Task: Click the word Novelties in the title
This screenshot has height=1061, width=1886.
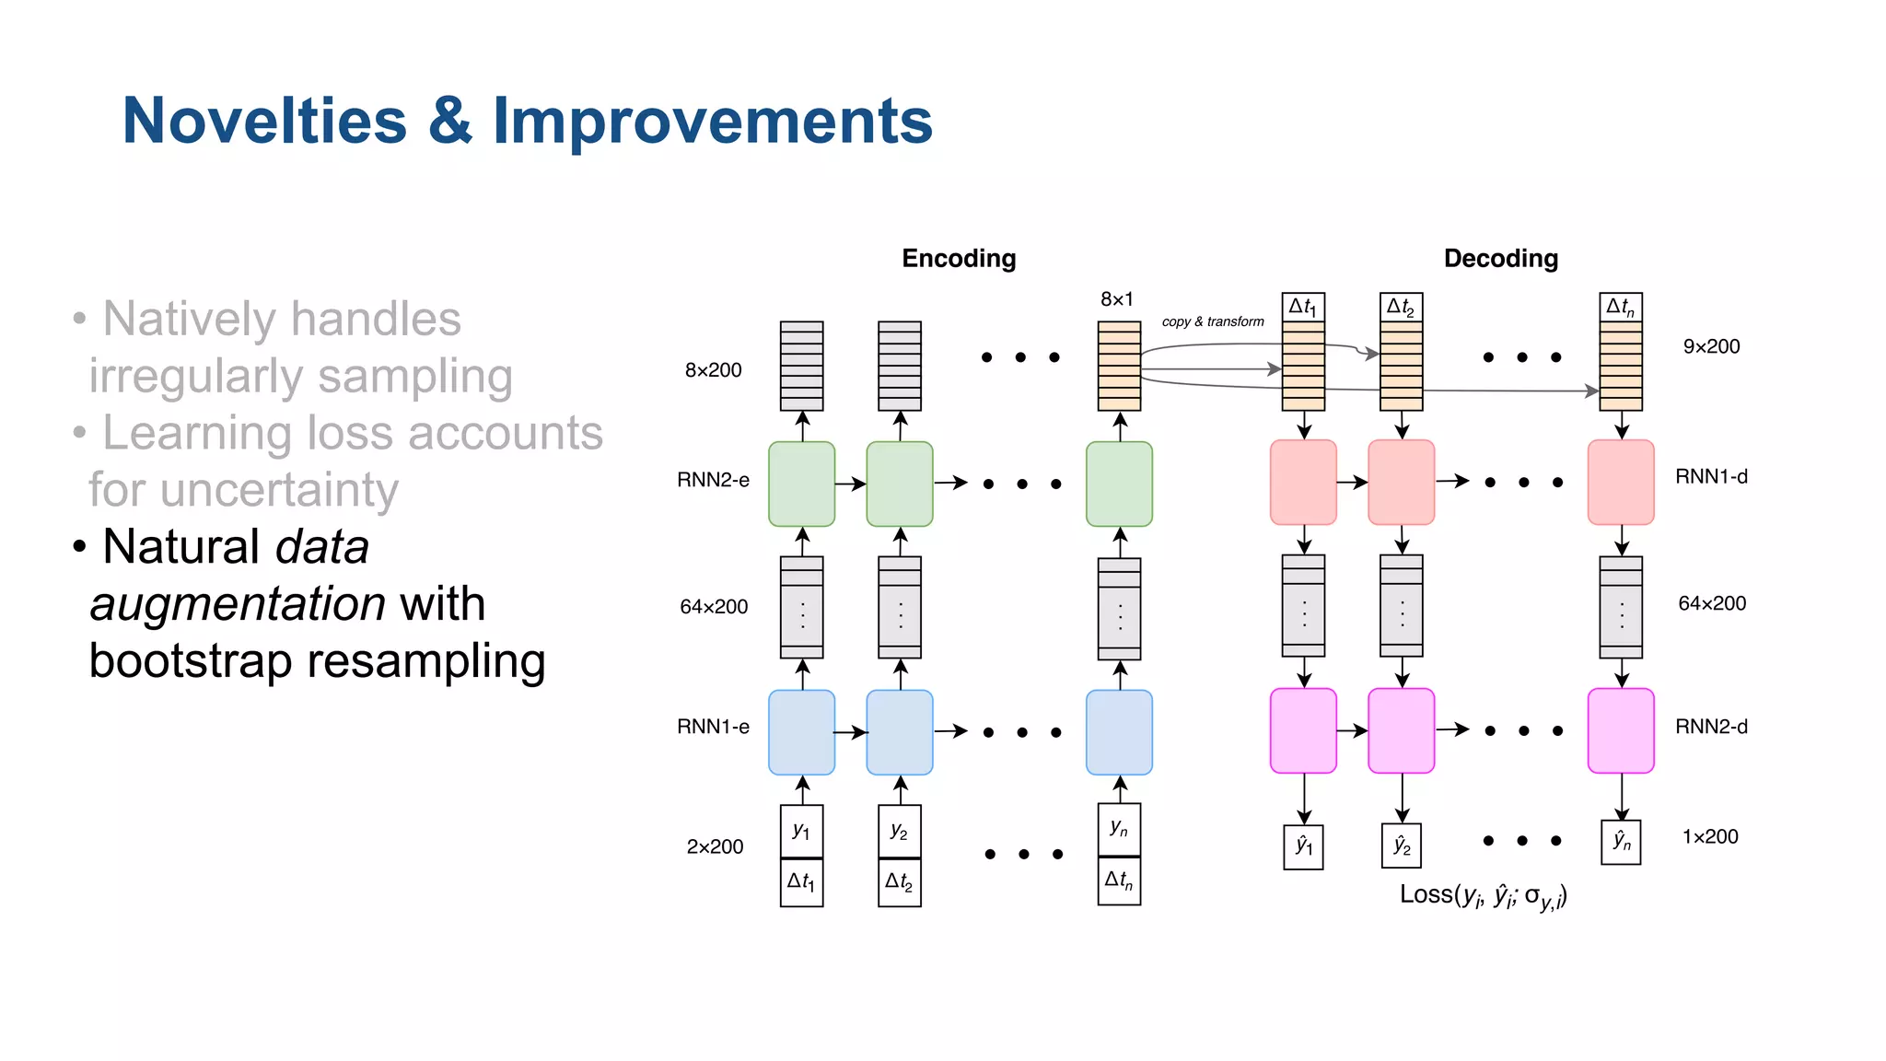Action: (x=264, y=121)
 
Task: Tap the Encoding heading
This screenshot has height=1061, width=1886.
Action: (x=959, y=259)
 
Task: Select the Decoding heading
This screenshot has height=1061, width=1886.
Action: (x=1500, y=259)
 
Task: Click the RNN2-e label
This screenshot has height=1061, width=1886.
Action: (x=713, y=480)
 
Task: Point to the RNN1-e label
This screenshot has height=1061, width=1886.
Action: (x=713, y=727)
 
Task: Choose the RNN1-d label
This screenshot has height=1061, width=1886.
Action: (x=1711, y=477)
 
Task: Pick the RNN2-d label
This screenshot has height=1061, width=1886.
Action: (x=1711, y=727)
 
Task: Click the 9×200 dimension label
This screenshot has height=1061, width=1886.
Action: (x=1711, y=347)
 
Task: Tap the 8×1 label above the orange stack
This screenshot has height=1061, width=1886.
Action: (x=1117, y=299)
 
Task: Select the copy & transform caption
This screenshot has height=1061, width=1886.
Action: (x=1213, y=321)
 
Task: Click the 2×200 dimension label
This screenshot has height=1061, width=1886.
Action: (x=715, y=847)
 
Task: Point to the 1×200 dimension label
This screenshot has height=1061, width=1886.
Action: (x=1710, y=837)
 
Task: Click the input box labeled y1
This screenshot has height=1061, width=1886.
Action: (x=801, y=832)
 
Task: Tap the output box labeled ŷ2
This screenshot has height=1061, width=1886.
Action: (x=1402, y=845)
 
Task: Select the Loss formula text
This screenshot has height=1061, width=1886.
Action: (x=1483, y=896)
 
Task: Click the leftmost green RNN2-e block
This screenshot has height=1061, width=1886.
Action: (x=801, y=484)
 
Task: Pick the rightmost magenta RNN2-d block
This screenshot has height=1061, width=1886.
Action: (x=1621, y=730)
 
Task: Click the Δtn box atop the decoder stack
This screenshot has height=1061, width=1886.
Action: (x=1621, y=307)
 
